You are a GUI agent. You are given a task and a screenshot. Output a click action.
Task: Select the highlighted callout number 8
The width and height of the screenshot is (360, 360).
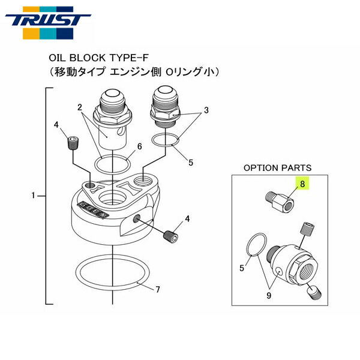pos(303,185)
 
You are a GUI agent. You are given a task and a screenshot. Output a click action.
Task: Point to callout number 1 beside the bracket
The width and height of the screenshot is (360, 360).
pos(34,195)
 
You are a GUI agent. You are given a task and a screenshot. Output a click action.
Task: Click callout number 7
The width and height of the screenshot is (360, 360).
pos(157,290)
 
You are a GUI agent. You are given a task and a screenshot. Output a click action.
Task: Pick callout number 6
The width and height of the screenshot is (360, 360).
pos(139,146)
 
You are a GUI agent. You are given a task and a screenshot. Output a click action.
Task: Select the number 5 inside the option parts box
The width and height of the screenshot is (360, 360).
pos(242,268)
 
